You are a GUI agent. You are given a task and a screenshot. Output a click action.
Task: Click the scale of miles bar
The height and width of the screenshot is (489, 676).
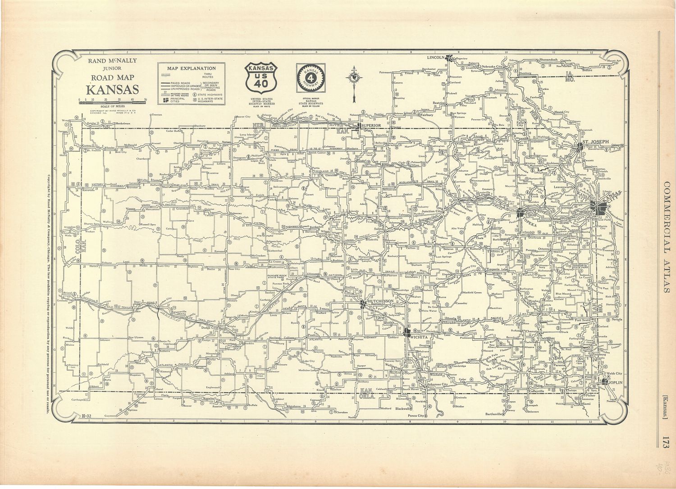113,103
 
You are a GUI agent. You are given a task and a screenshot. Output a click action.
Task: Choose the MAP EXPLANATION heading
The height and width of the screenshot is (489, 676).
191,68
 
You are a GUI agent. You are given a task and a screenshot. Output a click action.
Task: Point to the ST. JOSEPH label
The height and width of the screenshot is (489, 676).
595,141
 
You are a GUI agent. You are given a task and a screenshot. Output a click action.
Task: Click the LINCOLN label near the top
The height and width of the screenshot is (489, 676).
437,57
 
